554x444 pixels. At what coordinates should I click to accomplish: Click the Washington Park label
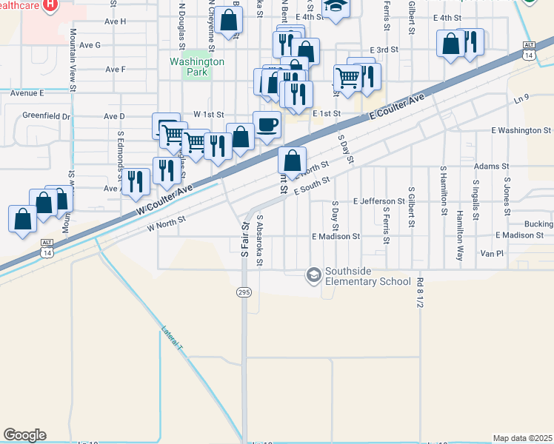pyautogui.click(x=196, y=67)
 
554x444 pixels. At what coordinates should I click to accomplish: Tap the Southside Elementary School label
pyautogui.click(x=368, y=281)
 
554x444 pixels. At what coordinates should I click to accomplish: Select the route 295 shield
pyautogui.click(x=243, y=293)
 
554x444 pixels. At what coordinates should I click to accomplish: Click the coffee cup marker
pyautogui.click(x=267, y=123)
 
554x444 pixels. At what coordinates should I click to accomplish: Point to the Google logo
pyautogui.click(x=24, y=435)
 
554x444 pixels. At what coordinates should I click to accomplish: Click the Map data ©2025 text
pyautogui.click(x=522, y=438)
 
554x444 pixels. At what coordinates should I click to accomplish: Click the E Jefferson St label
pyautogui.click(x=378, y=201)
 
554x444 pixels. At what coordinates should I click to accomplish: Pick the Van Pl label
pyautogui.click(x=491, y=253)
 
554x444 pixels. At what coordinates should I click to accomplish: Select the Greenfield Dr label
pyautogui.click(x=46, y=116)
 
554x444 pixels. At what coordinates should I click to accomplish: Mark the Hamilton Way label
pyautogui.click(x=460, y=223)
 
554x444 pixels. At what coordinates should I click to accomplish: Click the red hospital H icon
pyautogui.click(x=50, y=4)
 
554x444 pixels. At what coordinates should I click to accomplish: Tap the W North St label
pyautogui.click(x=165, y=223)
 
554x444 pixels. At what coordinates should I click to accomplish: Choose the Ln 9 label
pyautogui.click(x=522, y=98)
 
